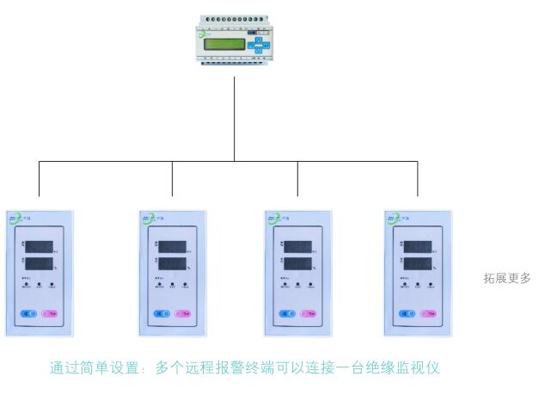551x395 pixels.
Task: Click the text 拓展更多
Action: point(507,278)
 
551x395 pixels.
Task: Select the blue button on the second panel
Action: point(160,313)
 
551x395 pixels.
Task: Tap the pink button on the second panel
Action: point(185,313)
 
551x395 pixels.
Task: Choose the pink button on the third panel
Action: point(308,313)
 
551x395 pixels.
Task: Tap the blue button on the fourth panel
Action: point(403,313)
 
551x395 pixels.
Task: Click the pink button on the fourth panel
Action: point(428,313)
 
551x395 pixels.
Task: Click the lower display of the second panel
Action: point(172,263)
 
